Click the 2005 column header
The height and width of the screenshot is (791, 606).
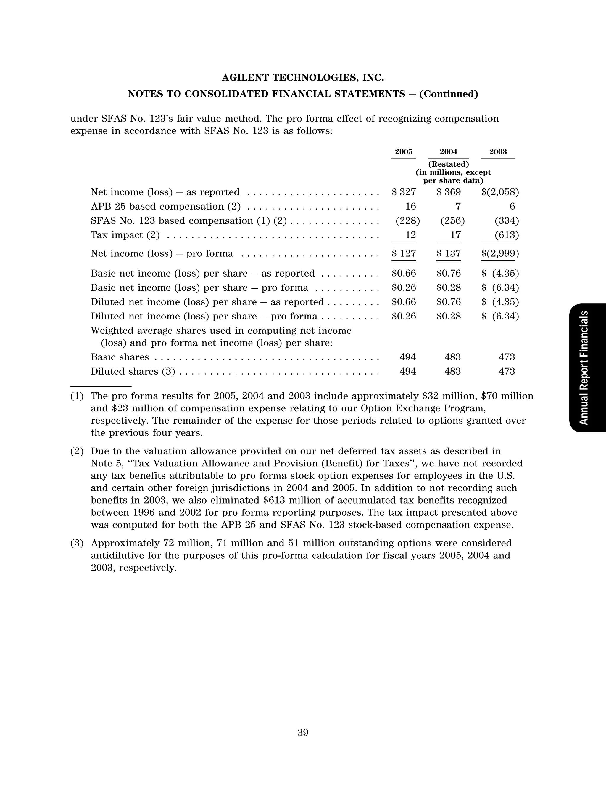(x=403, y=152)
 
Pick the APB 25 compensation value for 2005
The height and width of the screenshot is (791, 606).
(x=410, y=206)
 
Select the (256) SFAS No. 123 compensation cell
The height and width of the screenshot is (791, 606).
(x=452, y=221)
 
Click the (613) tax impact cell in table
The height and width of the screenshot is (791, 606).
(x=507, y=235)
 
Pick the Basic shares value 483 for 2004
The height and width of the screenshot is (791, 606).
(x=452, y=357)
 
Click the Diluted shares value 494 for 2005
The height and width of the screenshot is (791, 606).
(x=408, y=371)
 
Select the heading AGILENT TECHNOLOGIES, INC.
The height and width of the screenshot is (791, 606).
(x=303, y=78)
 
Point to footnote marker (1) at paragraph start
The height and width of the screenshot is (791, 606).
(x=77, y=396)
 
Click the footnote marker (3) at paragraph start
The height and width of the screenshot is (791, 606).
(x=77, y=543)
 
